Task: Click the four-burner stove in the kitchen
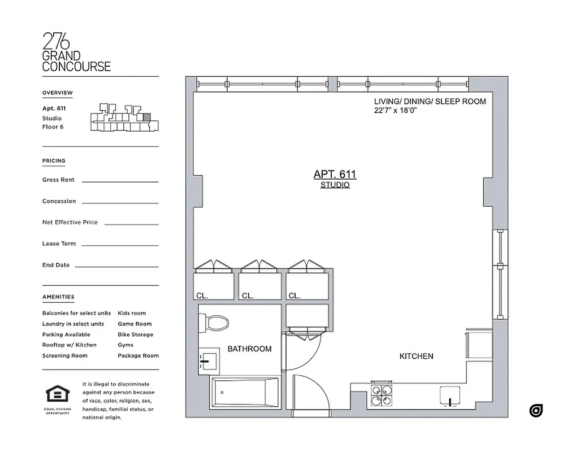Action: coord(382,396)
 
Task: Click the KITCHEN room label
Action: coord(416,357)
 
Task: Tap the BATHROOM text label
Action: coord(249,349)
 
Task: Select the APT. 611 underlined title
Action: coord(335,175)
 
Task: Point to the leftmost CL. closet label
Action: coord(202,295)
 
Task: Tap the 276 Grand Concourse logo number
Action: coord(57,41)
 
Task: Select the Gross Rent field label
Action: coord(58,180)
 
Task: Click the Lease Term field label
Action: coord(59,244)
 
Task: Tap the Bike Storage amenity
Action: coord(135,334)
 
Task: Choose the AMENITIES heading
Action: coord(58,297)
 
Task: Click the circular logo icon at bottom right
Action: coord(536,411)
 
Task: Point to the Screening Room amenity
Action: coord(65,355)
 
